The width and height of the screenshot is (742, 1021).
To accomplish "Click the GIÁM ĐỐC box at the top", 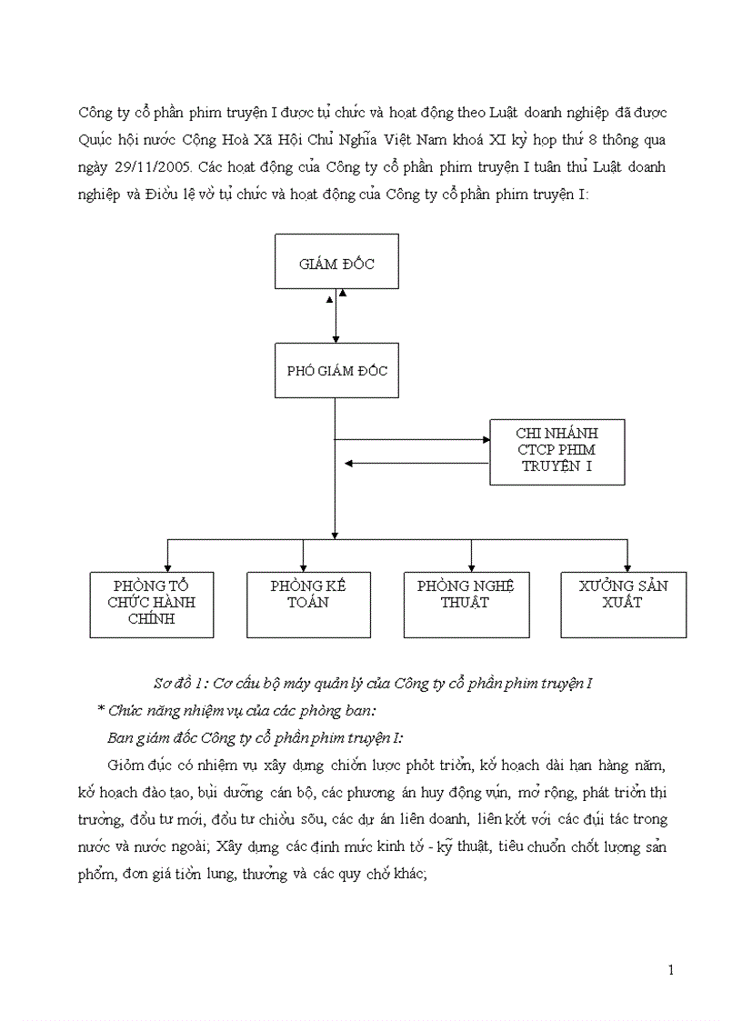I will (336, 263).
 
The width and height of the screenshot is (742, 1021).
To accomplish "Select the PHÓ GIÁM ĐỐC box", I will (336, 371).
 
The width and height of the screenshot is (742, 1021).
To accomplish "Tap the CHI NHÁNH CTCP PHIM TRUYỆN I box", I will (556, 452).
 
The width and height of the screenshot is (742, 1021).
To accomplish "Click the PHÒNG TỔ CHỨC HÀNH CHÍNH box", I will (151, 605).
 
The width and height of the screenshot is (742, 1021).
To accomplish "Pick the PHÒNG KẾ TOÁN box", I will (308, 605).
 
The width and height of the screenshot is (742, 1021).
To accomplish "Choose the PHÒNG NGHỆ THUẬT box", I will (466, 605).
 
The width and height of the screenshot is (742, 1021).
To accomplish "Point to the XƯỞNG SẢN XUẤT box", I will (623, 605).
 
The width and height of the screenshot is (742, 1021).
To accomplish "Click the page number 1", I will (671, 970).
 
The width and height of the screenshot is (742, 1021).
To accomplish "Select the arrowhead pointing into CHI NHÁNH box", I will (486, 440).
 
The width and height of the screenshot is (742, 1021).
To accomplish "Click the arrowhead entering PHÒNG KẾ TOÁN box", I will (303, 566).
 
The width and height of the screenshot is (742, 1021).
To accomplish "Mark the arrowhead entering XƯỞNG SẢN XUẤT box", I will (627, 566).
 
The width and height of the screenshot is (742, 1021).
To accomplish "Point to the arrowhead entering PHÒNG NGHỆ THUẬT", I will (470, 566).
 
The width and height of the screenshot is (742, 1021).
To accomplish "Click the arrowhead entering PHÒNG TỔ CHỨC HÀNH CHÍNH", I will (167, 566).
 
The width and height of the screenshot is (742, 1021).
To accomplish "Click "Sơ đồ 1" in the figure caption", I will (175, 683).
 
